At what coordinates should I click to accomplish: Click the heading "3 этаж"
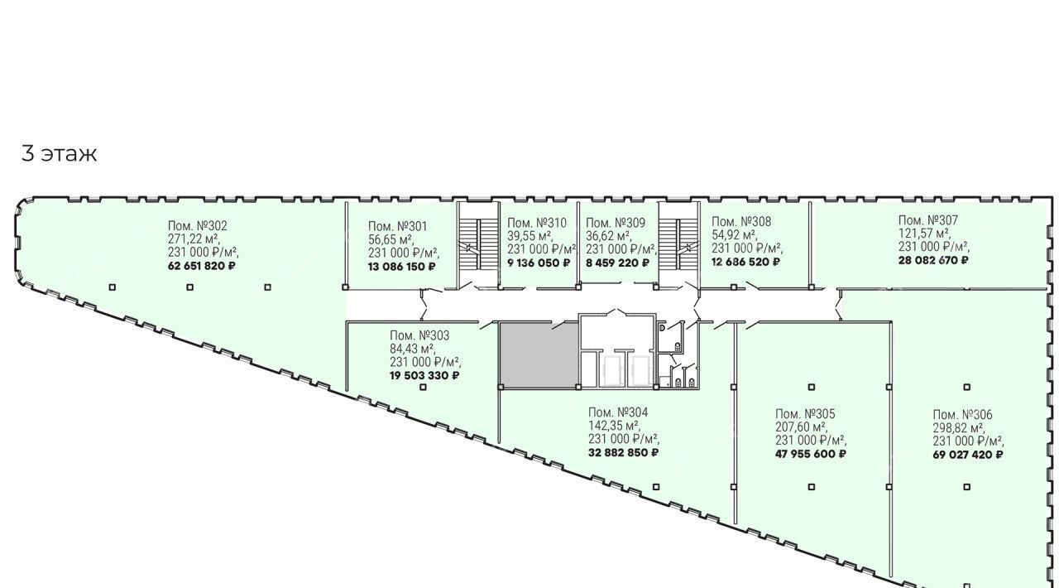[x=59, y=154]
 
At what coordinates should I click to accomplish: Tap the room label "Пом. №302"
[x=198, y=226]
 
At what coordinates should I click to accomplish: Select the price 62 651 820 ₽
[x=201, y=266]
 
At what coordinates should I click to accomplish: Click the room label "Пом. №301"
[x=398, y=227]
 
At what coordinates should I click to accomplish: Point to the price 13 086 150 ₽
[x=401, y=267]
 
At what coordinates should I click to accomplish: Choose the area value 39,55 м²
[x=530, y=236]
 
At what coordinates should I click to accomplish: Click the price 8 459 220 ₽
[x=618, y=263]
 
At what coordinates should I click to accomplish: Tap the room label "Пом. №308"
[x=741, y=222]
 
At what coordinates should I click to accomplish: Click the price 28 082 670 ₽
[x=933, y=260]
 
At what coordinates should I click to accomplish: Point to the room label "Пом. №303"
[x=419, y=335]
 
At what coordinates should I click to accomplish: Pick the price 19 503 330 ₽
[x=424, y=375]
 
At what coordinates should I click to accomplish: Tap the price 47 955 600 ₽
[x=811, y=454]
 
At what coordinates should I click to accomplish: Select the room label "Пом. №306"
[x=962, y=415]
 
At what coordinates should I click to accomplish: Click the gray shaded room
[x=539, y=354]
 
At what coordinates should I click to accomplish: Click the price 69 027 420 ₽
[x=968, y=455]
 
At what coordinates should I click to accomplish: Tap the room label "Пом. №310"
[x=537, y=223]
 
